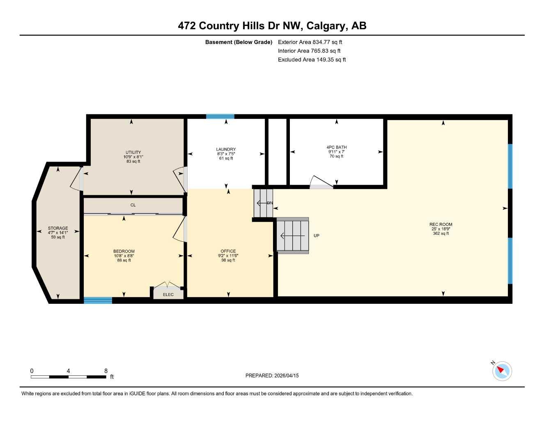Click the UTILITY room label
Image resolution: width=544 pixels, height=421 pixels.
tap(133, 153)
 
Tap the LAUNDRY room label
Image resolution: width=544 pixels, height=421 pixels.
tap(226, 150)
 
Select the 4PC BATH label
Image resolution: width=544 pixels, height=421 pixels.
tap(336, 147)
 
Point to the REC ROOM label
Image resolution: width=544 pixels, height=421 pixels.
tap(441, 224)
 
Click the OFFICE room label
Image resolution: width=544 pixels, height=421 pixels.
tap(228, 251)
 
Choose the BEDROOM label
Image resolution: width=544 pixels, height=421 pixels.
tap(124, 251)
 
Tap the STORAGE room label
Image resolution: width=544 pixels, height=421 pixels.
tap(58, 228)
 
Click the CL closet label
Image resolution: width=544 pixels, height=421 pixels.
tap(133, 205)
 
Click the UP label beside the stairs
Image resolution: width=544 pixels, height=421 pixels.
tap(316, 236)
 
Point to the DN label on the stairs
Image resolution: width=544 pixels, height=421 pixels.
tap(270, 203)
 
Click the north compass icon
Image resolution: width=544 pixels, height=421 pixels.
tap(502, 371)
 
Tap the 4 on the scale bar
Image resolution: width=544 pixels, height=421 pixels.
tap(68, 371)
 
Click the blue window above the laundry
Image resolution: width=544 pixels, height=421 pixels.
tap(220, 116)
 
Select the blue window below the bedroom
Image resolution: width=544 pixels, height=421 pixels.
tap(98, 301)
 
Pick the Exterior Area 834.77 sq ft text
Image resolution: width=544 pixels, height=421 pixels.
tap(310, 42)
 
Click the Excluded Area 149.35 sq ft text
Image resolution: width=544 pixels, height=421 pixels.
tap(312, 60)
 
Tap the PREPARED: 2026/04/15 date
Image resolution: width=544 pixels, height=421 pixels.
tap(272, 375)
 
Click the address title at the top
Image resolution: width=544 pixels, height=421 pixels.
tap(272, 26)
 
